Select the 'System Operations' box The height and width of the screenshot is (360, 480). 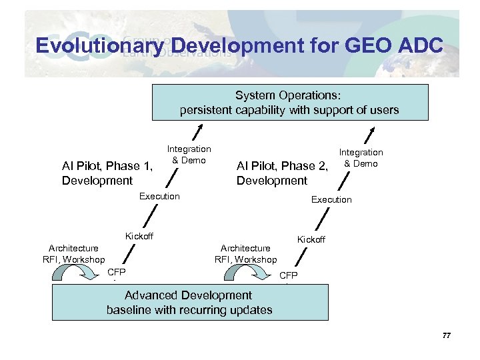(x=289, y=103)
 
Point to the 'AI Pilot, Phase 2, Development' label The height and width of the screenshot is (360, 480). (x=283, y=173)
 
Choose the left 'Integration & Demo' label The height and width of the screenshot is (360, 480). (x=189, y=155)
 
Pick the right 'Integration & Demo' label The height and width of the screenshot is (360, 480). (x=361, y=158)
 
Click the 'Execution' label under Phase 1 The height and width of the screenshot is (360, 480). (x=159, y=196)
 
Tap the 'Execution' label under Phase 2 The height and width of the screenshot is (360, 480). (x=331, y=199)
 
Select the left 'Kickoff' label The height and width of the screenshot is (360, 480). (x=139, y=236)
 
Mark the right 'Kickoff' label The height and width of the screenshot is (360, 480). (x=311, y=239)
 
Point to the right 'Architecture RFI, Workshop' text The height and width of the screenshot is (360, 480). (x=245, y=253)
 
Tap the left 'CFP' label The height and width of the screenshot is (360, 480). (x=116, y=272)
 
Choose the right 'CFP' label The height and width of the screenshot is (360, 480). (x=289, y=275)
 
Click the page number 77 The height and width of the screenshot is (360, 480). (x=447, y=335)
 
